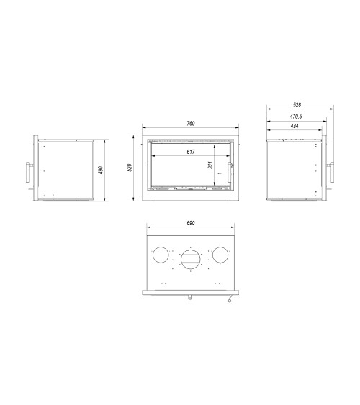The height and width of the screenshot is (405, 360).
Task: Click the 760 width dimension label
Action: tap(190, 124)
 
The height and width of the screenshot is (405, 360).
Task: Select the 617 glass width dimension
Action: tap(190, 151)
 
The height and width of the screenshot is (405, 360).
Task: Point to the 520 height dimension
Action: tap(130, 168)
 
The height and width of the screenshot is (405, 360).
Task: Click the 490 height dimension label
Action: tap(102, 170)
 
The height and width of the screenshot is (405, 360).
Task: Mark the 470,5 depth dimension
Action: tap(295, 116)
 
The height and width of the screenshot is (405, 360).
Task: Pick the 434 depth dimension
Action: tap(294, 126)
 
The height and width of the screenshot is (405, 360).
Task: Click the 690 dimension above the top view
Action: tap(190, 224)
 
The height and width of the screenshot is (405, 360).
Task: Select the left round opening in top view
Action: tap(162, 255)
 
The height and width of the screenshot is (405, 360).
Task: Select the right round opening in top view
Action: tap(219, 255)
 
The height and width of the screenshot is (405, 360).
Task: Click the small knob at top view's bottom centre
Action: tap(190, 296)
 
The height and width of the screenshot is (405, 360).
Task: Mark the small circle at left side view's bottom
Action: tap(45, 196)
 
